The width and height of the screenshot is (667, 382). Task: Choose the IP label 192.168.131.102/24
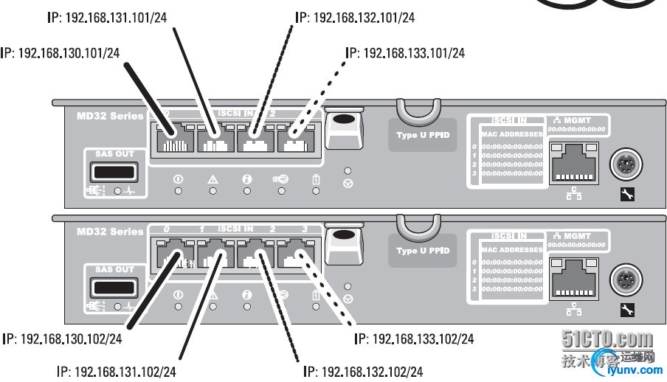pos(117,371)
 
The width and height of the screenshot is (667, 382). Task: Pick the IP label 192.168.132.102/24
pos(364,371)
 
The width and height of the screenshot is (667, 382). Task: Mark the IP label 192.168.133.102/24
pos(414,339)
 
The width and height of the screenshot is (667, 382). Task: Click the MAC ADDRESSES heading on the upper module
pos(512,134)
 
